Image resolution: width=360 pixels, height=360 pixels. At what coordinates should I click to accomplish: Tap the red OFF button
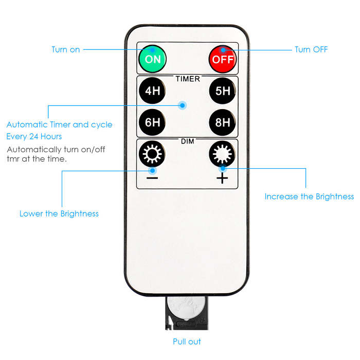223,59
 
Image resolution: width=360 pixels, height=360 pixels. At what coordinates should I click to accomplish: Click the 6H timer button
152,122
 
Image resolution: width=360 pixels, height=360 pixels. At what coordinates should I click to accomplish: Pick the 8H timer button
223,122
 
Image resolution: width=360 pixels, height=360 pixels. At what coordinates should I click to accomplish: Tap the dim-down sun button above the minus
152,154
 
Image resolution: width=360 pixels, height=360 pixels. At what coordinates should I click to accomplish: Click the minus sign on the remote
152,178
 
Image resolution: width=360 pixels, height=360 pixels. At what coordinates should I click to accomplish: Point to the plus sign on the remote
222,178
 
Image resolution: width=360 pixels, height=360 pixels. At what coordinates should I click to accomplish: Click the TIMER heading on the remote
188,79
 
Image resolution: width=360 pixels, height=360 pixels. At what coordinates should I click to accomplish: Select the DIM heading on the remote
188,140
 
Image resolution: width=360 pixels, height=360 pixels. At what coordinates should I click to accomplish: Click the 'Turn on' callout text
66,50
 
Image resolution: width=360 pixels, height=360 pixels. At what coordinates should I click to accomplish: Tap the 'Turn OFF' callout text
311,50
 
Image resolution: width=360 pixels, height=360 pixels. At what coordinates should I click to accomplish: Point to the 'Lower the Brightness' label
59,213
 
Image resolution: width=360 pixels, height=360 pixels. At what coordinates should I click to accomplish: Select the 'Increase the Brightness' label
309,196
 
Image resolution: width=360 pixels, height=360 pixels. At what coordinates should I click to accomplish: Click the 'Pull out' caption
187,341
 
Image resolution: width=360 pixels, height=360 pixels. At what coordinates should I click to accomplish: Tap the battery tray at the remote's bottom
187,314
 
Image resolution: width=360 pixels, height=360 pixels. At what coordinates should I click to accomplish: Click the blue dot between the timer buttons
183,105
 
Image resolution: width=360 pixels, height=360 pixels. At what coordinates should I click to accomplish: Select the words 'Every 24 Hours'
34,136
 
